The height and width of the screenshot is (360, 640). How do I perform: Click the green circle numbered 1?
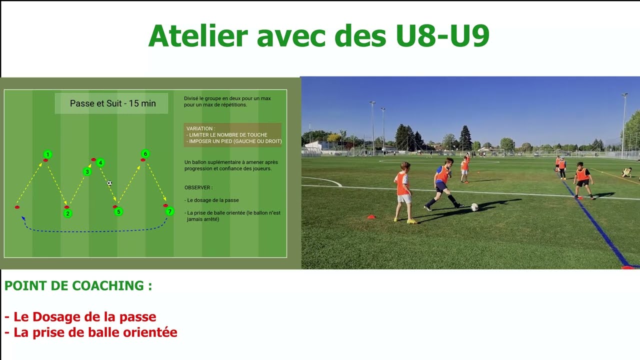point(47,154)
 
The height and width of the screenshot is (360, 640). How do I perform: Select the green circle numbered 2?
point(68,213)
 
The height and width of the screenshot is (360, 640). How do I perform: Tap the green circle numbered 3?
point(87,172)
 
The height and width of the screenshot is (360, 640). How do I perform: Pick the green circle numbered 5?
point(118,212)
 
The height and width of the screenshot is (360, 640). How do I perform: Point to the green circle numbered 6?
point(145,153)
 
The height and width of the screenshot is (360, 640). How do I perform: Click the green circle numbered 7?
point(170,211)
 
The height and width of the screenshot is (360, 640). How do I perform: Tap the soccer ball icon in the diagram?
point(109,183)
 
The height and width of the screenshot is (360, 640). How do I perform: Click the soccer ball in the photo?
point(474,206)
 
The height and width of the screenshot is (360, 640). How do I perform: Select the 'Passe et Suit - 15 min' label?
point(112,103)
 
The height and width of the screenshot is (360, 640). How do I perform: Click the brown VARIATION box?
point(232,135)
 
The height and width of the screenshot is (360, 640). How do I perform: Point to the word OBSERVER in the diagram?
point(198,188)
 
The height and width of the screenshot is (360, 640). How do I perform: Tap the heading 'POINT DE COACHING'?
point(78,286)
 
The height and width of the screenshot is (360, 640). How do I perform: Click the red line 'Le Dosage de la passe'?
point(80,317)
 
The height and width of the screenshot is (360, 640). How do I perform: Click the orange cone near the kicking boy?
point(371,216)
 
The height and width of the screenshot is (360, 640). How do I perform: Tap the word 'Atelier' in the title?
point(198,35)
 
